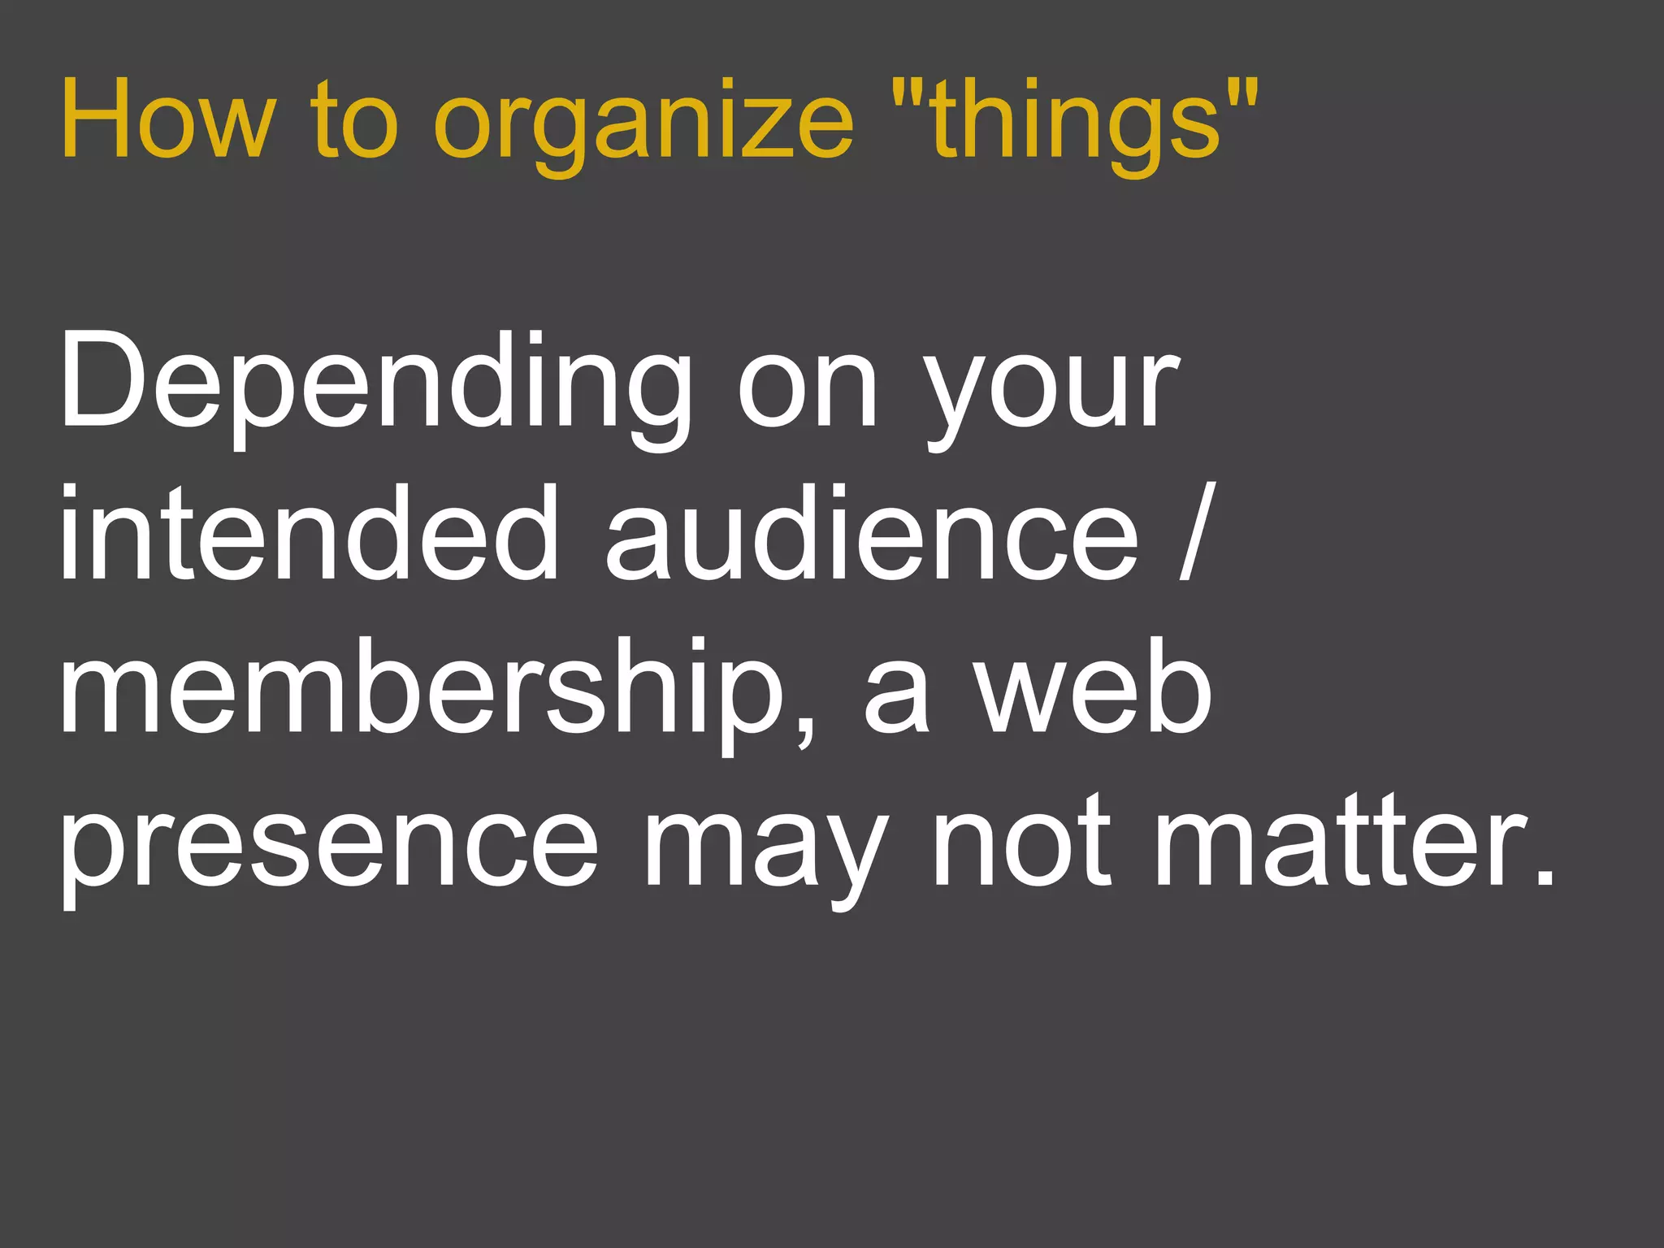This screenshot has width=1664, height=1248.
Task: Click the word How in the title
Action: (167, 119)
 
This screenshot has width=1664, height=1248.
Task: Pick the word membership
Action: (422, 691)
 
